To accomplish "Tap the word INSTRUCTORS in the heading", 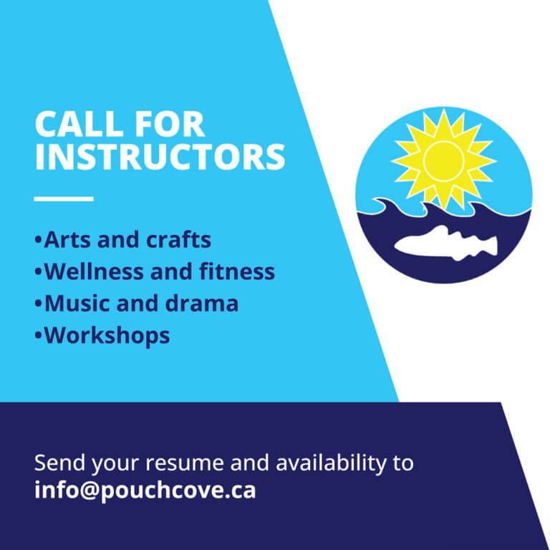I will pyautogui.click(x=160, y=158).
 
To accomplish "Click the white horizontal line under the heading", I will pyautogui.click(x=64, y=198).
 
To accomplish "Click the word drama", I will pyautogui.click(x=204, y=303).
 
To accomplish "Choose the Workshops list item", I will pyautogui.click(x=107, y=335).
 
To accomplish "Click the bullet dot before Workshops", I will pyautogui.click(x=38, y=336).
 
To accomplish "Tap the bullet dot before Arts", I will pyautogui.click(x=38, y=240).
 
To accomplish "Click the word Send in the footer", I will pyautogui.click(x=60, y=463).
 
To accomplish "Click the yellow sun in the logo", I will pyautogui.click(x=445, y=160).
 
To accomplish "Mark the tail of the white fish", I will pyautogui.click(x=489, y=245).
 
